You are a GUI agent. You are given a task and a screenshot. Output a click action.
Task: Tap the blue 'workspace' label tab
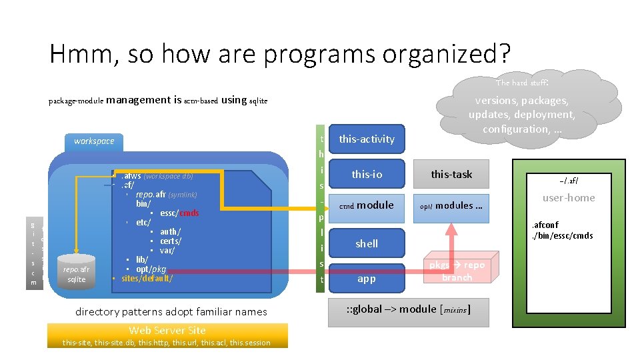(94, 141)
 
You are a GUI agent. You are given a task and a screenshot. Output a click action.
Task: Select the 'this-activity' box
(367, 139)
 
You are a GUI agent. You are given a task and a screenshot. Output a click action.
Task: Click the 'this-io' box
(367, 174)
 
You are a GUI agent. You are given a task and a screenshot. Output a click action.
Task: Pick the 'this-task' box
(451, 174)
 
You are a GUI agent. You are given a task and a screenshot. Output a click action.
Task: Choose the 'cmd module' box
(367, 205)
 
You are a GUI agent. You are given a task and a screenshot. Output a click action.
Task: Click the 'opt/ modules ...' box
(451, 205)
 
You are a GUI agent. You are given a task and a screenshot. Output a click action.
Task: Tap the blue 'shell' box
(367, 243)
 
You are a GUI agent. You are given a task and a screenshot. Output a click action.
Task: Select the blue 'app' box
(367, 279)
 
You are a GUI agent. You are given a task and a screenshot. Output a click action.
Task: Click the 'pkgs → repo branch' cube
(457, 271)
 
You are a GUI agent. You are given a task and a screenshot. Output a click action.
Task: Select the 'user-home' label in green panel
(569, 197)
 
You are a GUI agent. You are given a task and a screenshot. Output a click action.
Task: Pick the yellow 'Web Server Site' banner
(167, 331)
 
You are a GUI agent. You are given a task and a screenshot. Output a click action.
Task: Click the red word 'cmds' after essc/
(189, 213)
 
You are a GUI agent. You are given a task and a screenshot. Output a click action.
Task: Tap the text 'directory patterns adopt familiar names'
(171, 311)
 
